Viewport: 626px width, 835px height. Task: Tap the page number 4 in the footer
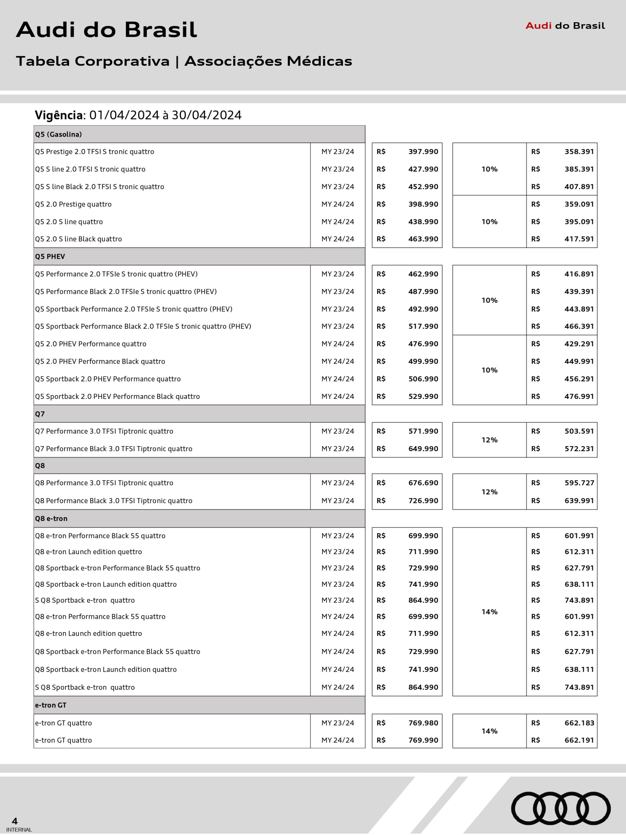15,821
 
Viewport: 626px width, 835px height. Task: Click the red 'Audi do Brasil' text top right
565,26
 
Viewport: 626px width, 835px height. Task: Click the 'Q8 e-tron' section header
51,519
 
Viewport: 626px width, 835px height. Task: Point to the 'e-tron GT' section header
51,705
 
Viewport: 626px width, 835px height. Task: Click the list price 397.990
423,152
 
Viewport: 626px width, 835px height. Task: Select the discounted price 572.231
579,449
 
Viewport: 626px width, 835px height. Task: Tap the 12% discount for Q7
489,440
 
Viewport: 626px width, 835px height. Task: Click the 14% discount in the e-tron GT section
489,731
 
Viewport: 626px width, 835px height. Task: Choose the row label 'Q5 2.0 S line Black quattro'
79,239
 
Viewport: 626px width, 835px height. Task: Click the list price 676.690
423,483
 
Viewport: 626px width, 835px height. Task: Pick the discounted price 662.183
579,723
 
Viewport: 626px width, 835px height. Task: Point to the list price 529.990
423,397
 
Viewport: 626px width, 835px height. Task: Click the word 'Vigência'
59,115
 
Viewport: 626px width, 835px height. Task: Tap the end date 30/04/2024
206,115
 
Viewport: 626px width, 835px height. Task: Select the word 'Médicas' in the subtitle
319,61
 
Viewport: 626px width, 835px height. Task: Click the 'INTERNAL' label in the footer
19,830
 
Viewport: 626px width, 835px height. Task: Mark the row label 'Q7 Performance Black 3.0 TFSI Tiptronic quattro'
113,449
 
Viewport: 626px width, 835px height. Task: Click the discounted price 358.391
579,152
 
